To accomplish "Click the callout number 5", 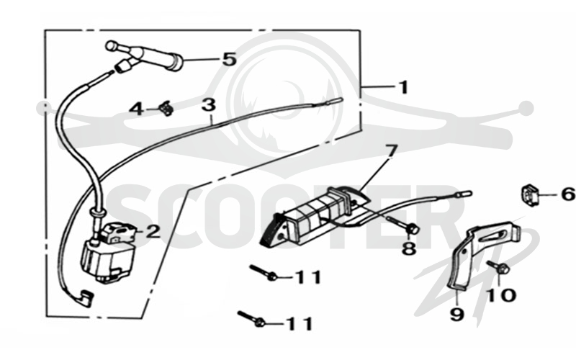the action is point(230,59).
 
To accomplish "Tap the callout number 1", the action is point(403,87).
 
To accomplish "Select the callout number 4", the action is point(137,109).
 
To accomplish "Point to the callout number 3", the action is point(209,104).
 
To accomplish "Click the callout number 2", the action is point(153,231).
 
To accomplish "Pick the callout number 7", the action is point(390,150).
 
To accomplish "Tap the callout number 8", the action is point(409,248).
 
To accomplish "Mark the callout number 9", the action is point(457,315).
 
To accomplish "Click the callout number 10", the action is point(502,295).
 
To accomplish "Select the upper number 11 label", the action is point(309,277).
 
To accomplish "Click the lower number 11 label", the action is point(300,324).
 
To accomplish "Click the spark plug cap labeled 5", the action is point(145,55).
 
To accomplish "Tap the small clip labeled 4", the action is point(166,109).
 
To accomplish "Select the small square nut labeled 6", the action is point(529,195).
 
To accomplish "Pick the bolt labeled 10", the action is point(498,267).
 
